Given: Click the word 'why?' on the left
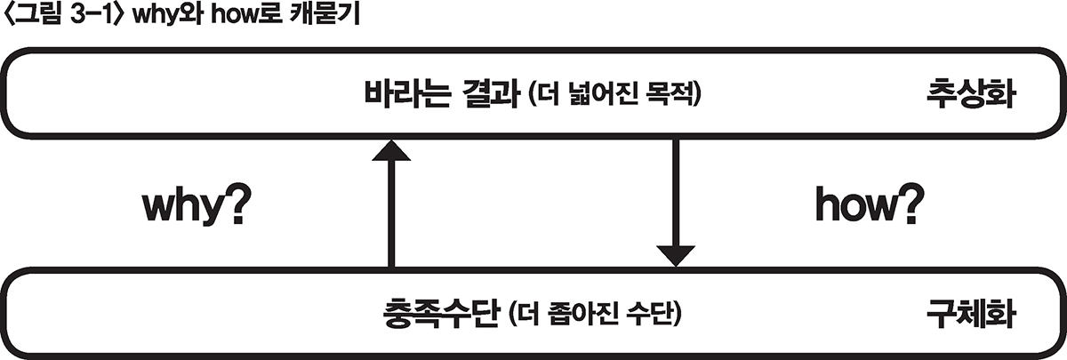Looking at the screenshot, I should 194,208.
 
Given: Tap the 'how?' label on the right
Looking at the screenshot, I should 868,208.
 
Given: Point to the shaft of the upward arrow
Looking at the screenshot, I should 390,213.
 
